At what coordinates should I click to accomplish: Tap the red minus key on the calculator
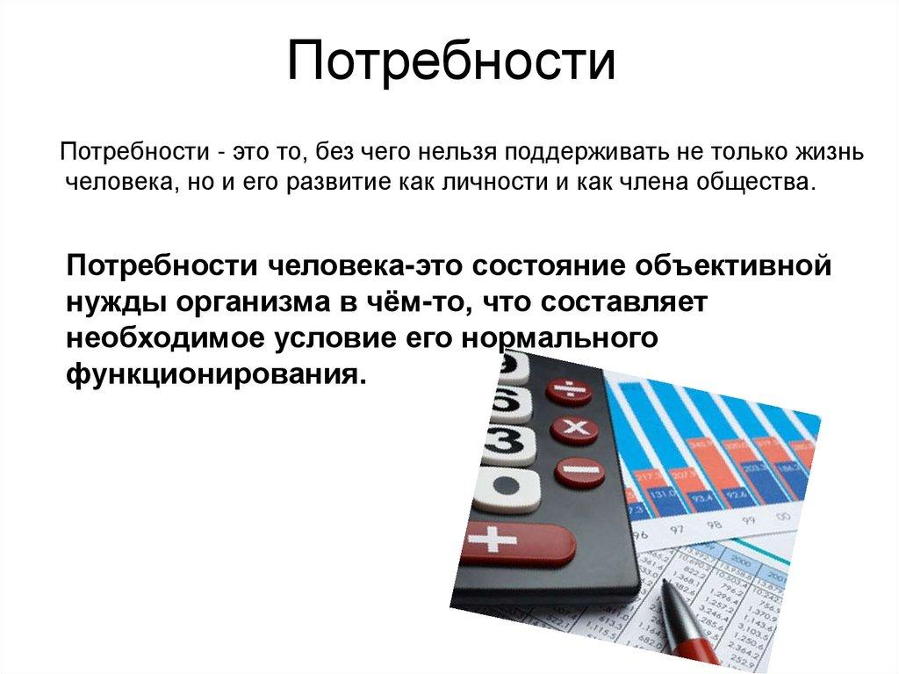point(579,471)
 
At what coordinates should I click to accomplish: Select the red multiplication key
point(576,429)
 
